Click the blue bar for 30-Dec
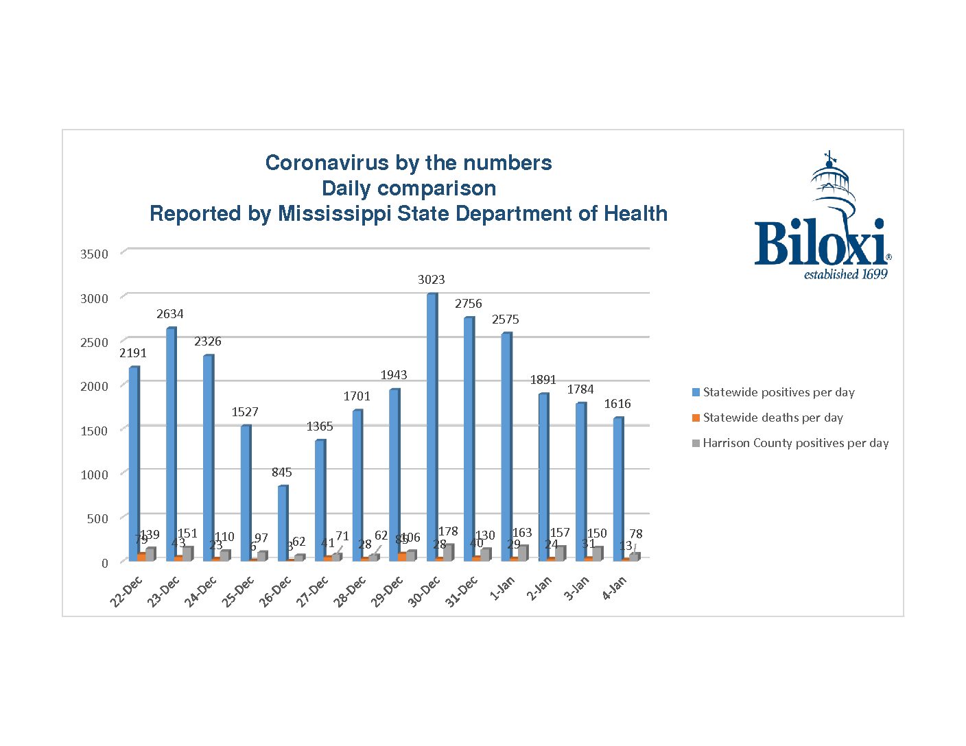point(432,425)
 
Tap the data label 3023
point(432,280)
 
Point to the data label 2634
point(170,314)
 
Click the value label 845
point(282,472)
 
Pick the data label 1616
point(617,404)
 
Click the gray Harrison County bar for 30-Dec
point(449,553)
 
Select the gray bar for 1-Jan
point(523,553)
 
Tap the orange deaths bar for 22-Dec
point(141,557)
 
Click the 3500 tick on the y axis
point(95,254)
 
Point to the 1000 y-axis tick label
point(95,474)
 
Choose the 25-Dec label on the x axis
point(237,592)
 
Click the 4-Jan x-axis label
point(614,588)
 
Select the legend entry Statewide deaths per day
point(773,418)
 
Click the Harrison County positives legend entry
point(795,443)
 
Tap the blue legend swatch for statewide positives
point(696,392)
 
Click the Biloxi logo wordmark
point(820,243)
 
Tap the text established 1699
point(845,275)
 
